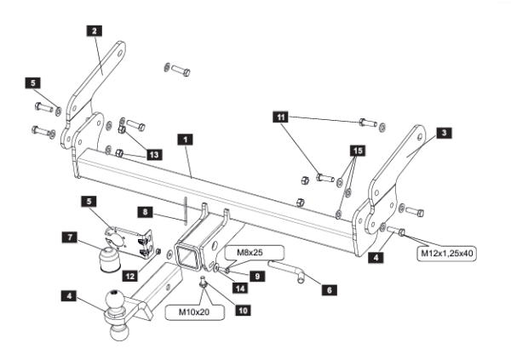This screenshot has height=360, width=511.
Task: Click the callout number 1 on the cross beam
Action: (185, 137)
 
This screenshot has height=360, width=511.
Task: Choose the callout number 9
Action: (255, 274)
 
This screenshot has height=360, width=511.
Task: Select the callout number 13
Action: (153, 154)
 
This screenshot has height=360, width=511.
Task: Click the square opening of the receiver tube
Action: (186, 254)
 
